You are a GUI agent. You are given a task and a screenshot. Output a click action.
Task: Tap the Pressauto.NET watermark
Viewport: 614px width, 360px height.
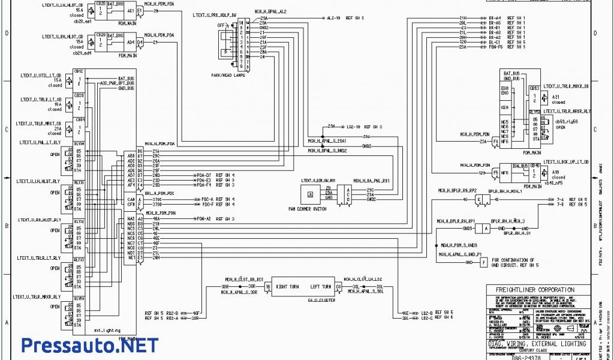(x=90, y=345)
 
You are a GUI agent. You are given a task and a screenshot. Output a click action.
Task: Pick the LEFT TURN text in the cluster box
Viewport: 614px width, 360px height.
(x=321, y=287)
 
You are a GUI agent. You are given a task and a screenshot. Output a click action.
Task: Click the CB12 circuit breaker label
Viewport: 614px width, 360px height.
(x=79, y=71)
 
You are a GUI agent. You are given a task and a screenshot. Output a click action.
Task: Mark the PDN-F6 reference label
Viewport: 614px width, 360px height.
(x=495, y=47)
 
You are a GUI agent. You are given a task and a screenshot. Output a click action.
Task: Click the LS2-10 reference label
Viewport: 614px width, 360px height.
(x=354, y=127)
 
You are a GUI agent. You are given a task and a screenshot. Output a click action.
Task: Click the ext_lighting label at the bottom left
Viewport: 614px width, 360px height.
(x=108, y=331)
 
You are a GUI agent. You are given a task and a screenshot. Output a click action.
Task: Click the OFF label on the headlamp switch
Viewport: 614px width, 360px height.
(x=221, y=26)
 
